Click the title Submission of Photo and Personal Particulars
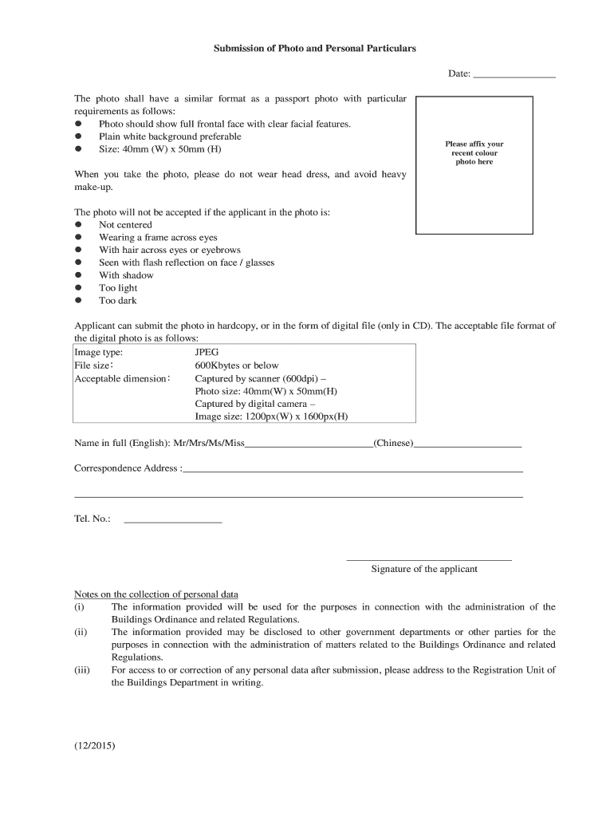(x=314, y=49)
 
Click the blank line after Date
(x=514, y=76)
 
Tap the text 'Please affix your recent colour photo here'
(x=474, y=153)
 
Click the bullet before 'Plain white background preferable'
(x=78, y=137)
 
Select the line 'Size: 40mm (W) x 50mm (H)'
(x=159, y=149)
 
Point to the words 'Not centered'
(x=125, y=225)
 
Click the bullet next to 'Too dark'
(x=78, y=301)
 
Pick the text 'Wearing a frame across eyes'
(x=158, y=238)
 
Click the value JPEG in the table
(x=207, y=352)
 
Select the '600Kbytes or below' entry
(x=237, y=365)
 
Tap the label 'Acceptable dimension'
(x=121, y=378)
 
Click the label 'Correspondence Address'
(x=127, y=468)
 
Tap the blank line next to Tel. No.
(x=172, y=521)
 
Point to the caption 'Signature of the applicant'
(x=424, y=569)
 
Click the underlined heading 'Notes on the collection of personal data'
(x=156, y=594)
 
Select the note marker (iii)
(x=82, y=670)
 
